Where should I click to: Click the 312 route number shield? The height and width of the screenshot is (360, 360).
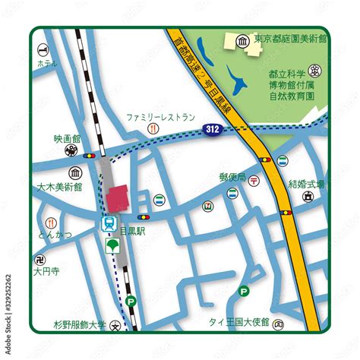point(214,131)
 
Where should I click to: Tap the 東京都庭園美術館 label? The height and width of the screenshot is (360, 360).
point(290,39)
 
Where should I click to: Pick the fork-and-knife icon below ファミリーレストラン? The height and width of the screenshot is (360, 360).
point(153,130)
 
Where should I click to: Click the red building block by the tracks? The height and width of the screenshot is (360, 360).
point(118,198)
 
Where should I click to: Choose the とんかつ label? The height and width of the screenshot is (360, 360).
point(55,235)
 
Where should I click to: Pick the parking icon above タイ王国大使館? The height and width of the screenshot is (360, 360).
point(244,290)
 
